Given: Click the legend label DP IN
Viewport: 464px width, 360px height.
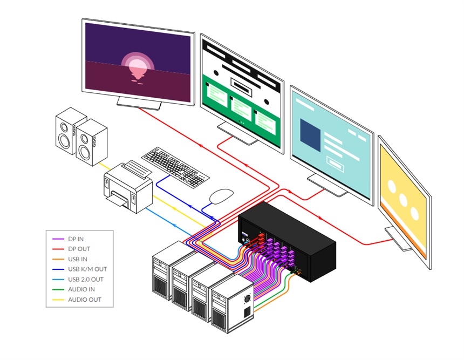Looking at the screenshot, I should click(x=76, y=239).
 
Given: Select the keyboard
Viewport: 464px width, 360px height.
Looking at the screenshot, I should click(x=175, y=166).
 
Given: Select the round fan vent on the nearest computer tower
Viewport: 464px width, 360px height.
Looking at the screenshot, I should click(x=248, y=298).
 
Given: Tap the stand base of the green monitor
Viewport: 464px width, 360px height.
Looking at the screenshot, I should click(x=238, y=134).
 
